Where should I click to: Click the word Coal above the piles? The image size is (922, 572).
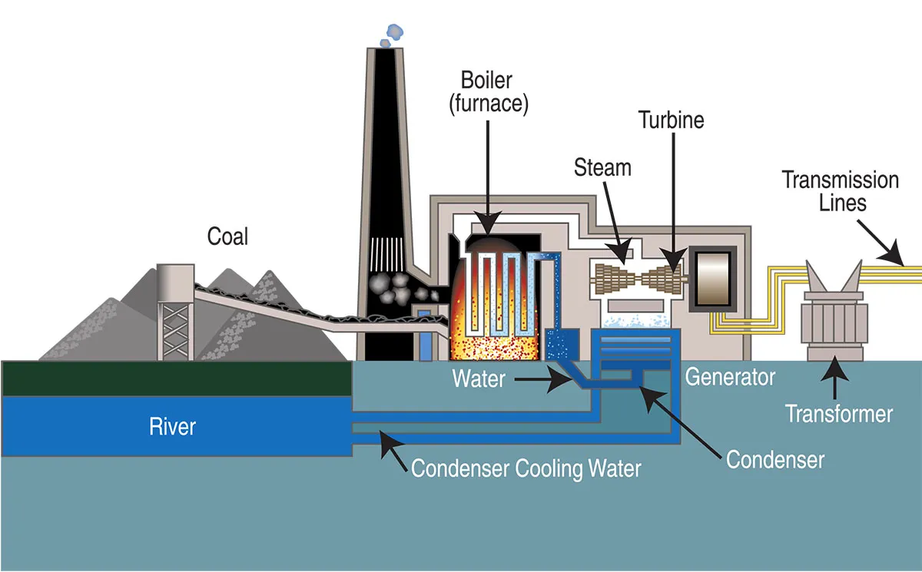point(228,236)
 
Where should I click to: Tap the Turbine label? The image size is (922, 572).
point(671,121)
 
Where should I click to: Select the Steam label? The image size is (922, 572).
point(602,167)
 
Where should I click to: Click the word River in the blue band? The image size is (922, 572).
point(172,426)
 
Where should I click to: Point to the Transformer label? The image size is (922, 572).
point(839,415)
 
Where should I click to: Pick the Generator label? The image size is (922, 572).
point(730,378)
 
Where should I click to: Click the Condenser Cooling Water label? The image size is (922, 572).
point(526,468)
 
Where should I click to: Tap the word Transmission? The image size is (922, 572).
point(840,180)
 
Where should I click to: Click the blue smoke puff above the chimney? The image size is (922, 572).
point(394,31)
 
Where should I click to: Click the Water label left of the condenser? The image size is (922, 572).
point(479,379)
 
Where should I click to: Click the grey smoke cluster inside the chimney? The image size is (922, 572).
point(390,289)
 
